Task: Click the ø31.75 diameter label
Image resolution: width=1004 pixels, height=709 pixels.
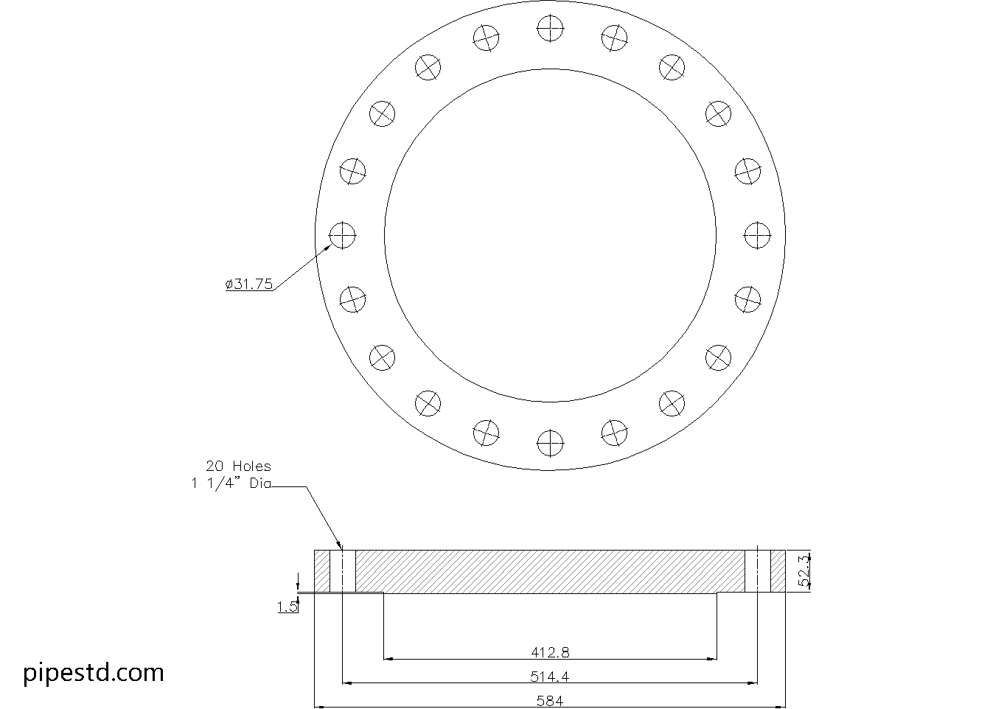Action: point(249,284)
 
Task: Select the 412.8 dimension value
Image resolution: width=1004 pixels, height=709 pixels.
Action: point(550,652)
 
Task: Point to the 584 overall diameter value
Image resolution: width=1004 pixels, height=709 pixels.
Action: point(550,701)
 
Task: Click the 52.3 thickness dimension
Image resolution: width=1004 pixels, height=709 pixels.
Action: point(805,571)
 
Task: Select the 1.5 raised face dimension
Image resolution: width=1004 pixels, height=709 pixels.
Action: point(287,607)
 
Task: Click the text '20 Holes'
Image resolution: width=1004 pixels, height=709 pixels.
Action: point(238,467)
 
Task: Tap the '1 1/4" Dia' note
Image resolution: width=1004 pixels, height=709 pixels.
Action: point(231,484)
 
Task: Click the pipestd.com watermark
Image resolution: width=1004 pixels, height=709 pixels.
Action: point(94,672)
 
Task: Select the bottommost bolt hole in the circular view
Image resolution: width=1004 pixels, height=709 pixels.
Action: point(550,443)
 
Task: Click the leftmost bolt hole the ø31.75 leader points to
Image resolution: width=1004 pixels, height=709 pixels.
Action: point(343,236)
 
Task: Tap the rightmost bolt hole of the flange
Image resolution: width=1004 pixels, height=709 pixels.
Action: point(758,236)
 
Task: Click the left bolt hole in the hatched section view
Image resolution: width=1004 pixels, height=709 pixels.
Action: point(343,570)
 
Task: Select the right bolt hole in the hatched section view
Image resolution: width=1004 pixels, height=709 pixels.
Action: point(758,570)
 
